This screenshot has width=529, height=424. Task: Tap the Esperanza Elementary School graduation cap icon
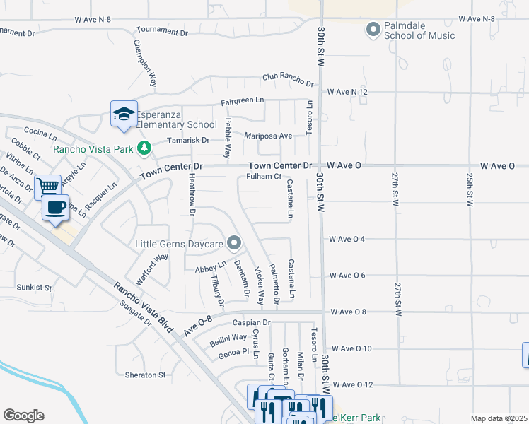pyautogui.click(x=123, y=114)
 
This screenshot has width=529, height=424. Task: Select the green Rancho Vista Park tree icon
pyautogui.click(x=144, y=148)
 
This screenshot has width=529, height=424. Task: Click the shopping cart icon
pyautogui.click(x=47, y=187)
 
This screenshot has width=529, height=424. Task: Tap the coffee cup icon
pyautogui.click(x=56, y=207)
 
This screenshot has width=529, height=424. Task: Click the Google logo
pyautogui.click(x=23, y=416)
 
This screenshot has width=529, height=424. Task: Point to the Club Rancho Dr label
pyautogui.click(x=287, y=76)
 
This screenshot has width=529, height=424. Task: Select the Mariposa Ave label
pyautogui.click(x=268, y=136)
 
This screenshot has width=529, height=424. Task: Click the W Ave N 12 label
pyautogui.click(x=347, y=92)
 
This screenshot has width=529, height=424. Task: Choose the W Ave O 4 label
pyautogui.click(x=347, y=239)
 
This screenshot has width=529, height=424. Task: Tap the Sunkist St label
pyautogui.click(x=35, y=288)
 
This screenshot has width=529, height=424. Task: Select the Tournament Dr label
pyautogui.click(x=162, y=33)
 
